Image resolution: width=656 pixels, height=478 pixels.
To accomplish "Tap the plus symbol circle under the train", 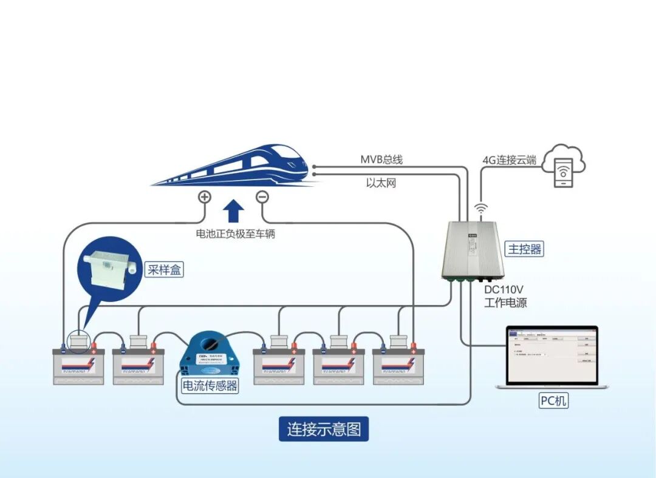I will point(205,197).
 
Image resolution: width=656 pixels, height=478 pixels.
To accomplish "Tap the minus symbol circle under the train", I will point(262,197).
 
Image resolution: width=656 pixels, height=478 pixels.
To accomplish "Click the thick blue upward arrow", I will point(233,212).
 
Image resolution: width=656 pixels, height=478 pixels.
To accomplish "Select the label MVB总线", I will point(381,160).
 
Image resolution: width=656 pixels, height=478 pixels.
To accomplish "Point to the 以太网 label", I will point(381,183).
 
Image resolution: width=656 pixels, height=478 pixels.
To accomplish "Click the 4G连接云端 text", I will point(509,160).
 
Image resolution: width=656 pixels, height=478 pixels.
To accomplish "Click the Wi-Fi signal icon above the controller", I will point(481,209).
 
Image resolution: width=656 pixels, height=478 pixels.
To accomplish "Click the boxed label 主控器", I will point(524,249).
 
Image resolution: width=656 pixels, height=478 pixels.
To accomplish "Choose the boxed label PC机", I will point(553,400).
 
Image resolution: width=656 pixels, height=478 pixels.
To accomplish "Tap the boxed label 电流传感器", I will point(210,385).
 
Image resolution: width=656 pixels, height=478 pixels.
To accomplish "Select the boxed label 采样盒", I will point(164,269).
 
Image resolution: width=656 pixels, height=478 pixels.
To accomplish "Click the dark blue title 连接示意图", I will point(324,429).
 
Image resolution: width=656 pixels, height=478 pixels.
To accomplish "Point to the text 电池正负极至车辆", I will point(235,234).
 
